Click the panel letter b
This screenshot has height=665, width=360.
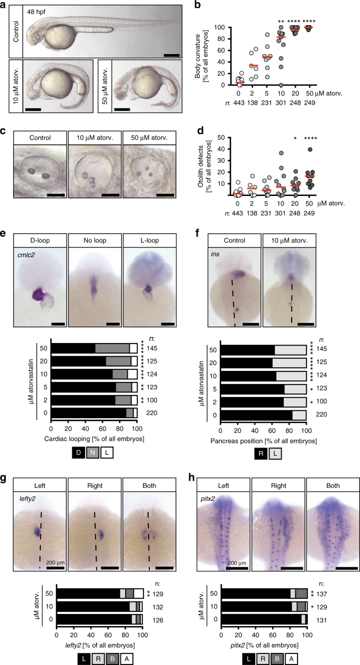[x=197, y=5]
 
